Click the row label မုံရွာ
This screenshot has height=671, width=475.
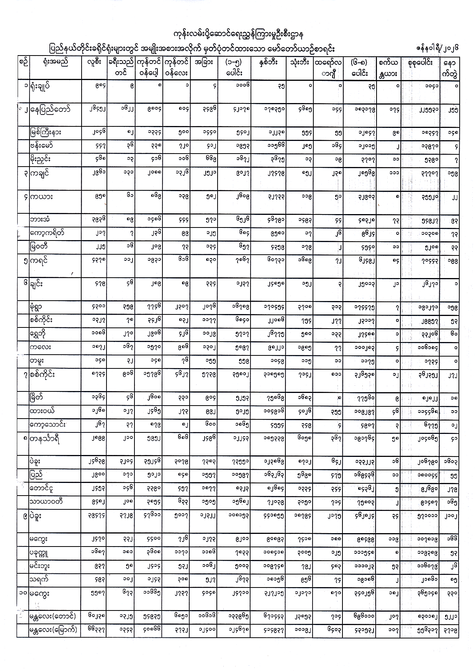pos(38,307)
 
